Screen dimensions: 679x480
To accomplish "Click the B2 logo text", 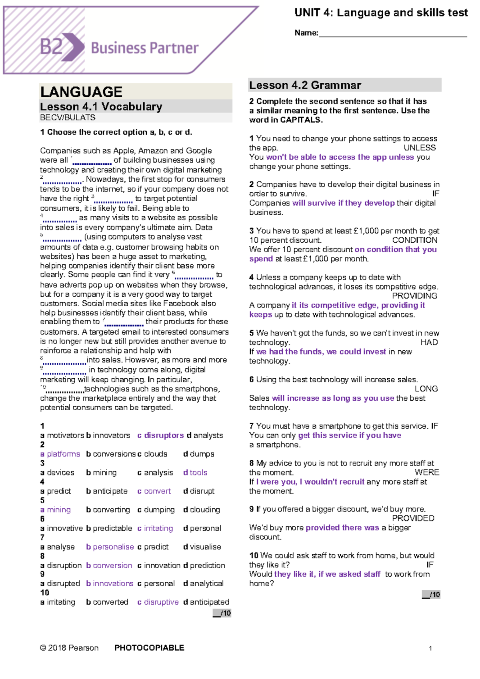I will tap(51, 47).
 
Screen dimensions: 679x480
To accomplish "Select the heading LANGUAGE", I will tap(81, 92).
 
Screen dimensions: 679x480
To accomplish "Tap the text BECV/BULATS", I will tap(68, 118).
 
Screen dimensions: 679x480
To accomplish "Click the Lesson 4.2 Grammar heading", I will tap(305, 85).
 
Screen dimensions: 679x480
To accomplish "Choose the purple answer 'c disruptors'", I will tap(160, 435).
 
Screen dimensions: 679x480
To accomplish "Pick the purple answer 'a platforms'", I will tap(60, 454).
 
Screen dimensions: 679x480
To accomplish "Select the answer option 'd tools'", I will tap(195, 472).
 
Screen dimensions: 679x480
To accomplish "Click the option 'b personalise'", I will tap(110, 547).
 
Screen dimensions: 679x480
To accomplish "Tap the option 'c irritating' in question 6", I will tap(155, 528).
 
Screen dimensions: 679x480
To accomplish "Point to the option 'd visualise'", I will tap(202, 547).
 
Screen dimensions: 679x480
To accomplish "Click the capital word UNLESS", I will tap(419, 148).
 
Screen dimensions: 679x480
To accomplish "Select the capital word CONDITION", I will tap(414, 240).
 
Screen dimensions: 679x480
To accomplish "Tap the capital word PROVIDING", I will tap(414, 296).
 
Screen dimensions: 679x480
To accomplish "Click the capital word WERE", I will tap(426, 472).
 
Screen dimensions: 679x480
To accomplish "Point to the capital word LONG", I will tap(426, 389).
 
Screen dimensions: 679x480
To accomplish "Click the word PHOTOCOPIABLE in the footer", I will tap(149, 648).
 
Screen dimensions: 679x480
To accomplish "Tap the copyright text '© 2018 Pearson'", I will tap(69, 648).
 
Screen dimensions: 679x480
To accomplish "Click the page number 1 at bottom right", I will tap(430, 648).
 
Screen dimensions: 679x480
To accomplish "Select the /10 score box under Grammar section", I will tap(431, 595).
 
